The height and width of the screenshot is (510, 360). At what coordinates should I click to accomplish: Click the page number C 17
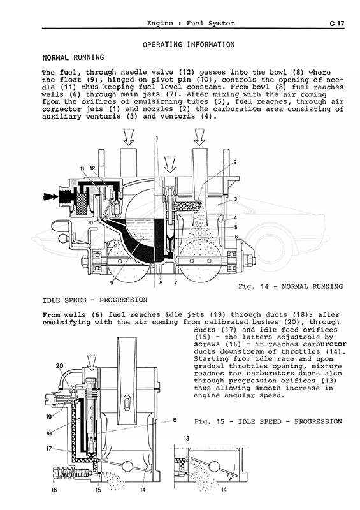click(x=336, y=24)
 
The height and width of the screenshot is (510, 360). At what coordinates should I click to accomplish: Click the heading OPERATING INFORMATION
click(x=189, y=45)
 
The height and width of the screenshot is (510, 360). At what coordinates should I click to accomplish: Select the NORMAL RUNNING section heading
click(x=73, y=57)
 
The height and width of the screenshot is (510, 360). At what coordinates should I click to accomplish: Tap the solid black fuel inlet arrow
click(x=50, y=196)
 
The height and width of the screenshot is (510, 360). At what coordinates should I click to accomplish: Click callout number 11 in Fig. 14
click(x=82, y=168)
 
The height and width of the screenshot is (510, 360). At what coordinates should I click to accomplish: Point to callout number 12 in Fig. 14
click(x=92, y=168)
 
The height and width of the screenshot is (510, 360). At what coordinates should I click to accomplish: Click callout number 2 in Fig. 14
click(x=235, y=162)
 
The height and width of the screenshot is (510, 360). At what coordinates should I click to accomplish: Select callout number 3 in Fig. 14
click(x=235, y=199)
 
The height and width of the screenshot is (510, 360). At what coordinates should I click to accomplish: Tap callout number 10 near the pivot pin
click(x=90, y=222)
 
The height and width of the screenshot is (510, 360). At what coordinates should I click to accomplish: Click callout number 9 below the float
click(x=112, y=283)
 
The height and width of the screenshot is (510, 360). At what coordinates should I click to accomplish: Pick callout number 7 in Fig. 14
click(x=176, y=283)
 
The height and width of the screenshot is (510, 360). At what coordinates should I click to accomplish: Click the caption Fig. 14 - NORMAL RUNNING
click(x=291, y=286)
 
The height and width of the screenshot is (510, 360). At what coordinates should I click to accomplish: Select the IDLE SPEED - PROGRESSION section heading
click(x=95, y=300)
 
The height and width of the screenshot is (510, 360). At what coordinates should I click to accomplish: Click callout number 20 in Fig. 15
click(x=59, y=366)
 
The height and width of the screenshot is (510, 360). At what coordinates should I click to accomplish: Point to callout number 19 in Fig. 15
click(x=49, y=417)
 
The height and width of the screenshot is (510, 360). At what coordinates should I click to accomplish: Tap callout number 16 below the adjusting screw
click(x=54, y=490)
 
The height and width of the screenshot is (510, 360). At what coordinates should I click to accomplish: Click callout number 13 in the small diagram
click(x=186, y=439)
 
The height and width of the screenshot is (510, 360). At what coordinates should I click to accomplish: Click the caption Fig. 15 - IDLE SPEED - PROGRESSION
click(x=268, y=422)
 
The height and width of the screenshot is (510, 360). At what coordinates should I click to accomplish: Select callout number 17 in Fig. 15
click(x=49, y=449)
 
